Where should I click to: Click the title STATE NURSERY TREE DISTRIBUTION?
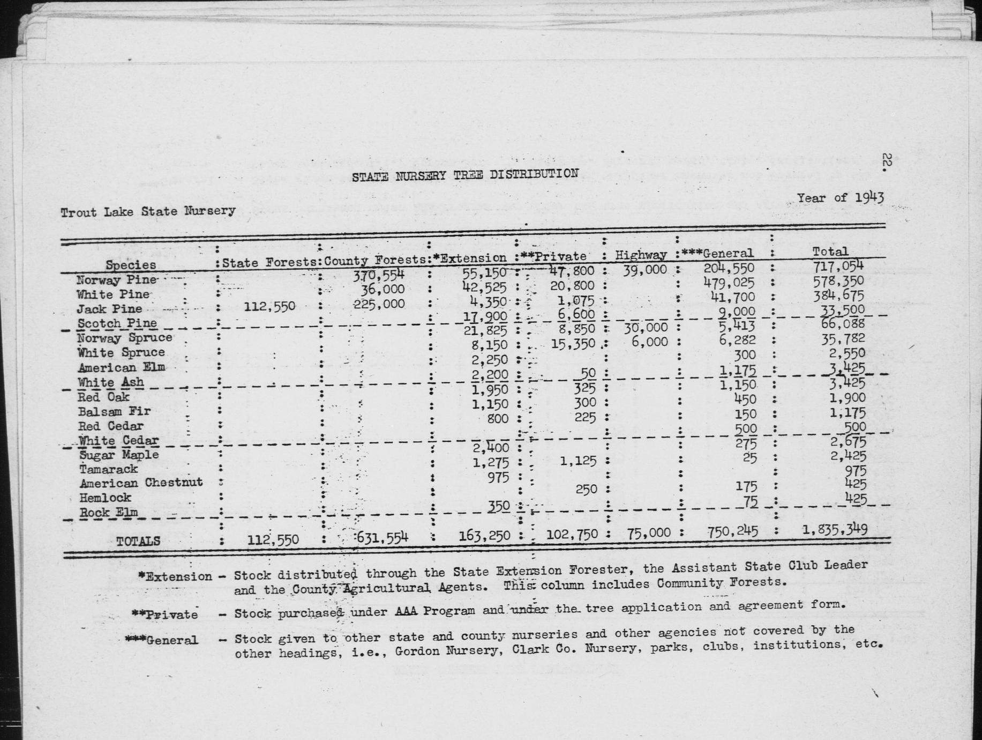(x=464, y=175)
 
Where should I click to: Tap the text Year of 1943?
(x=840, y=197)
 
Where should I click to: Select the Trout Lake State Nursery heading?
(x=148, y=211)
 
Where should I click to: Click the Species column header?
(x=130, y=265)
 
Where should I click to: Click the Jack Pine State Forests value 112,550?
(x=269, y=307)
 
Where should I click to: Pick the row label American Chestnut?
(x=140, y=482)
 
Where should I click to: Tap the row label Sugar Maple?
(x=119, y=455)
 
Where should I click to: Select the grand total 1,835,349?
(x=835, y=530)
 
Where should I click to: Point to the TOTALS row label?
(x=138, y=541)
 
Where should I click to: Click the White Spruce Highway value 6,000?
(x=650, y=342)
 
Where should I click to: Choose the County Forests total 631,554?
(x=381, y=537)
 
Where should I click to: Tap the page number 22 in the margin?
(x=885, y=161)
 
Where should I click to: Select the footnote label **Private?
(x=164, y=615)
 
